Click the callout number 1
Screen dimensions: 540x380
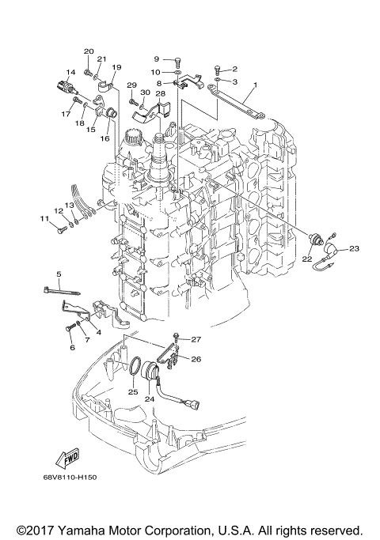(255, 85)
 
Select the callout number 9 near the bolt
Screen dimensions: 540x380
(157, 59)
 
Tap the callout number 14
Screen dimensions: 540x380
(70, 72)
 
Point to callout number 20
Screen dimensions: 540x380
(89, 51)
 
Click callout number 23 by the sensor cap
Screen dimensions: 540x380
(354, 249)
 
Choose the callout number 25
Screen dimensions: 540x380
(133, 391)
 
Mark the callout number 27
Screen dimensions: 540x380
(197, 339)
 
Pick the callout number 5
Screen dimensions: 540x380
(59, 274)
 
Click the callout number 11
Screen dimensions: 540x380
(44, 217)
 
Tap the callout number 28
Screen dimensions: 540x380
(160, 94)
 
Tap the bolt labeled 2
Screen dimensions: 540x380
(219, 69)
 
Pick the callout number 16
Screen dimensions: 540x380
(104, 138)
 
